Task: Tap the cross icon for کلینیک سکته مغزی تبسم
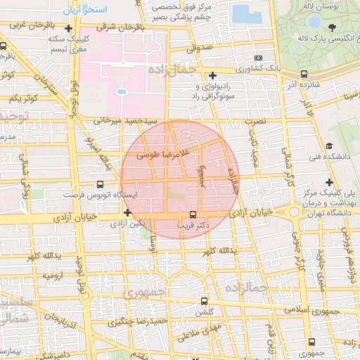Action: [x=67, y=29]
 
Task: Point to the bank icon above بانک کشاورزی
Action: [x=258, y=58]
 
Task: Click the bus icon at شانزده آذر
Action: [x=304, y=73]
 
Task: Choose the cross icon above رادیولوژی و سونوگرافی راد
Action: [x=213, y=75]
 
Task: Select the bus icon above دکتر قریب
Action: [x=193, y=214]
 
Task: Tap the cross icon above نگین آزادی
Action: [x=127, y=212]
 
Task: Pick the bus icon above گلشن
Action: [x=205, y=300]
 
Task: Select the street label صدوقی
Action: [x=200, y=49]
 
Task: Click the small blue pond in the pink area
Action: [x=120, y=91]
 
